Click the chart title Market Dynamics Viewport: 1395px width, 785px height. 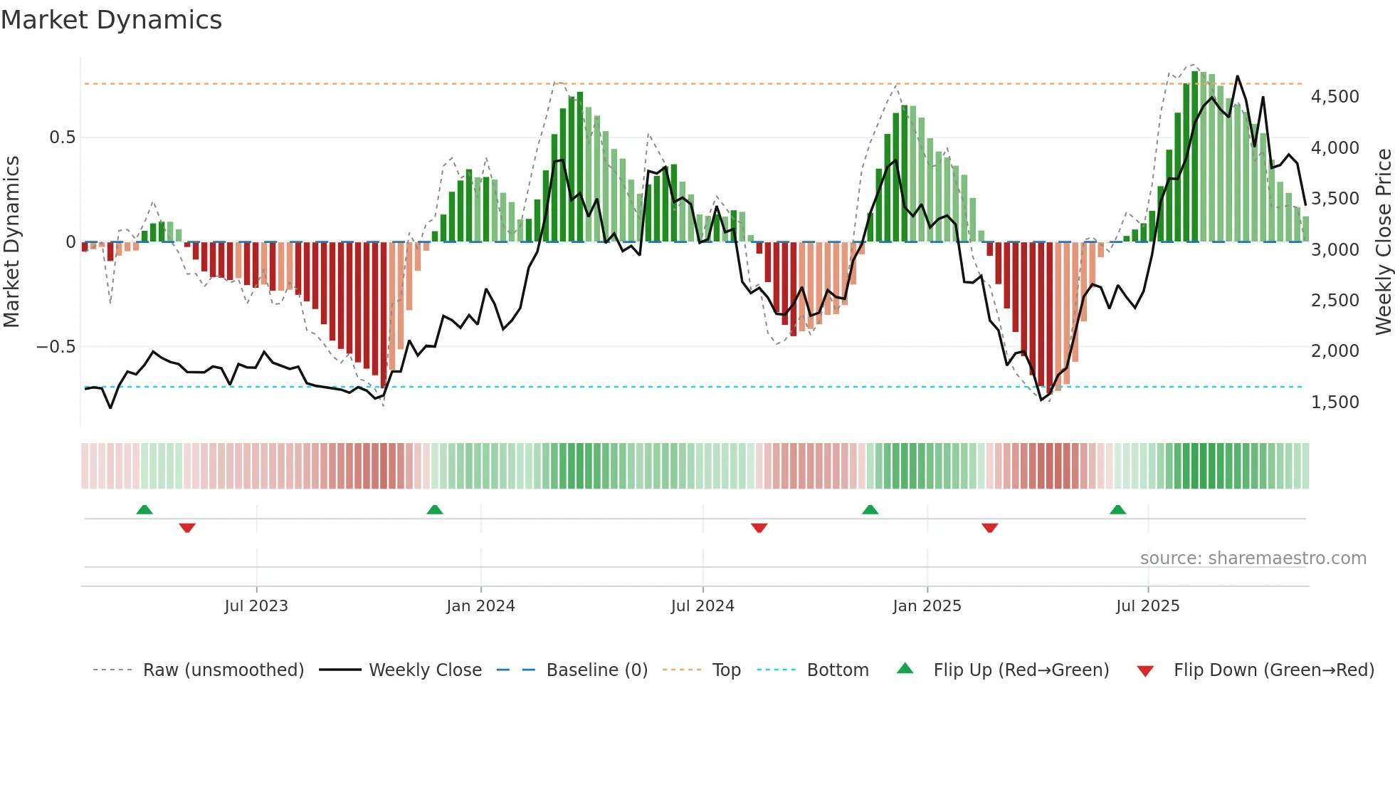tap(111, 20)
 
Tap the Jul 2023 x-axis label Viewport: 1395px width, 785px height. tap(256, 606)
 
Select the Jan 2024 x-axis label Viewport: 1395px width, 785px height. tap(480, 606)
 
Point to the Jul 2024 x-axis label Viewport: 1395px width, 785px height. tap(702, 606)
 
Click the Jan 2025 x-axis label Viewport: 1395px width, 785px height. tap(927, 606)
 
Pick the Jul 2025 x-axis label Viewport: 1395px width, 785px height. tap(1147, 606)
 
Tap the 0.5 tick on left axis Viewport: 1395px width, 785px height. tap(62, 137)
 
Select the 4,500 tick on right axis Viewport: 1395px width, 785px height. tap(1335, 97)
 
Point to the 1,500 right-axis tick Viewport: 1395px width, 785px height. tap(1335, 402)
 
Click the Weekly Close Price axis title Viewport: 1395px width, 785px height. tap(1383, 241)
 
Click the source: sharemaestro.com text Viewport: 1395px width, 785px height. tap(1253, 558)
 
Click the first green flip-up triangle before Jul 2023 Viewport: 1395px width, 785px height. tap(144, 509)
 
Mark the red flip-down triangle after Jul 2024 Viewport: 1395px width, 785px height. tap(759, 528)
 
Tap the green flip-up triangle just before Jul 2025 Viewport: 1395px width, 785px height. tap(1117, 509)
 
